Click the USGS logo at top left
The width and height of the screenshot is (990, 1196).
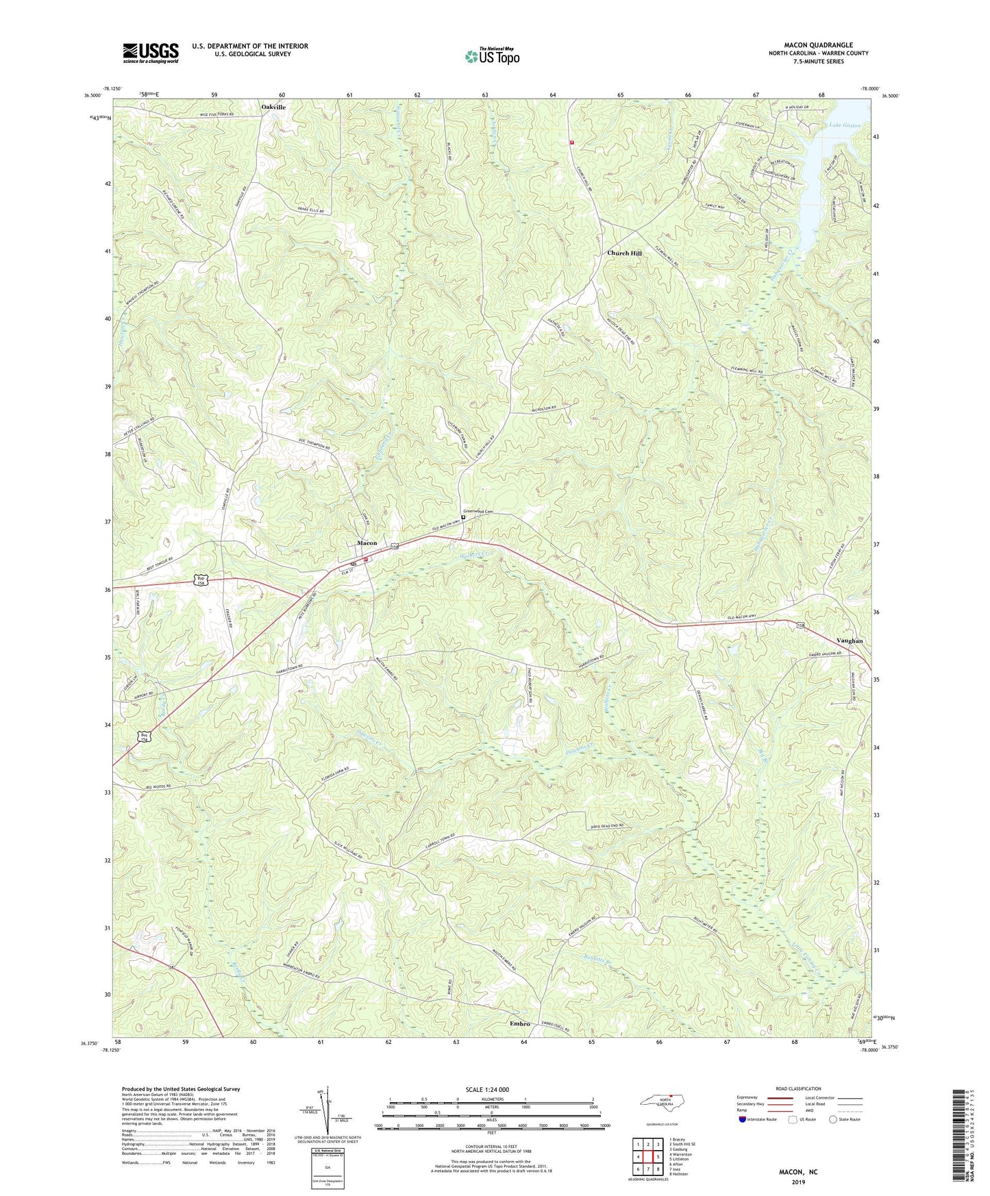150,53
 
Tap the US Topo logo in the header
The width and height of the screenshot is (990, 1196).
491,56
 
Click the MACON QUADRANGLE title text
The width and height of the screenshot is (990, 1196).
818,45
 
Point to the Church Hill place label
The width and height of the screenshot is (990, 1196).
624,253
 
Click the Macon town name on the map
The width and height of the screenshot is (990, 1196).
367,543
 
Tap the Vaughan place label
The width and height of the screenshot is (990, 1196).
849,640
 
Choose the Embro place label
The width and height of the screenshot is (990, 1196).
520,1023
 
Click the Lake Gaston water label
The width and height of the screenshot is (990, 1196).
844,125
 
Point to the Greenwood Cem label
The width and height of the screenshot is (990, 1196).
478,511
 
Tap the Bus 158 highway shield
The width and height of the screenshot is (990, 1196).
144,737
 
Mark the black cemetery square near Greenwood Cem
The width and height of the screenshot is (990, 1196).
462,518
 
